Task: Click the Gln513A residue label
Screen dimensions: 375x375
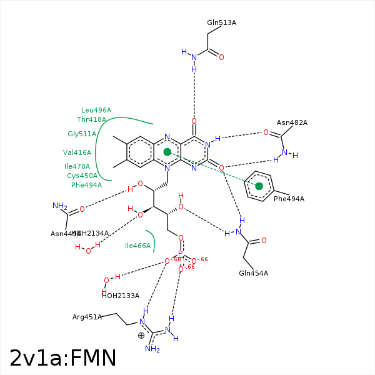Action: point(221,23)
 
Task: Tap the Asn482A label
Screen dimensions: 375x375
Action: point(292,123)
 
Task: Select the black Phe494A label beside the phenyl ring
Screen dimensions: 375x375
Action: point(289,199)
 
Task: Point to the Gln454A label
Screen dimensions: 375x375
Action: point(253,273)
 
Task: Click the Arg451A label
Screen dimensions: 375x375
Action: point(87,317)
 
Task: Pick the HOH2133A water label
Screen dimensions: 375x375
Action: point(120,296)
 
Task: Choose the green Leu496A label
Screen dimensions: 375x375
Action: point(96,111)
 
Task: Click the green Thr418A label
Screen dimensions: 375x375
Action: point(91,120)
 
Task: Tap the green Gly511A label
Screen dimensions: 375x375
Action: point(82,134)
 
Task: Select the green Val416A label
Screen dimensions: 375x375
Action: point(77,152)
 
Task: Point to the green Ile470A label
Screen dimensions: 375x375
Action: point(77,167)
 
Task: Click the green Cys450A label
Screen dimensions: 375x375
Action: point(82,176)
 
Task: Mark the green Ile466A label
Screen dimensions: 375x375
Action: point(138,246)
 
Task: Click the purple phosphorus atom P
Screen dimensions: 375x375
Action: point(181,254)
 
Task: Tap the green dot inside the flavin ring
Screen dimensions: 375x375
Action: point(167,152)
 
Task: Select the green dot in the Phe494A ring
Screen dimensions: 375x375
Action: point(259,186)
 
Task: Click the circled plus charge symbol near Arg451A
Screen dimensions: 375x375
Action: point(141,336)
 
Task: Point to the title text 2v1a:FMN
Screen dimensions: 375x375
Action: point(63,358)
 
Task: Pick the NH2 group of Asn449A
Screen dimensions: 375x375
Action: point(60,206)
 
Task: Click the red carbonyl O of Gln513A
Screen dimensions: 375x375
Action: point(221,57)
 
